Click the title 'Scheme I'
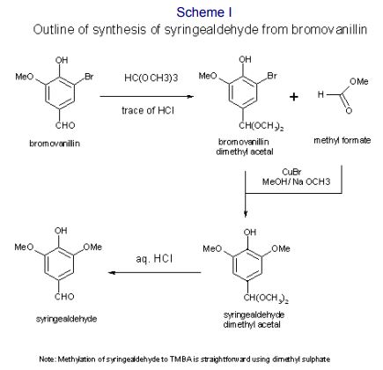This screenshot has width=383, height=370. tap(204, 12)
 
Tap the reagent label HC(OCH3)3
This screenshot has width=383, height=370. tap(151, 78)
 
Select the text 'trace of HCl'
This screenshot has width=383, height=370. tap(148, 110)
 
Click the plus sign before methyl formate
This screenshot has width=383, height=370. tap(294, 97)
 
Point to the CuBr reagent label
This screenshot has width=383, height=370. tap(291, 172)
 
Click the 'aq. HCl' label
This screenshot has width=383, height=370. tap(154, 259)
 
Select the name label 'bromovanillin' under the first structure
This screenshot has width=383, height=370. tap(55, 144)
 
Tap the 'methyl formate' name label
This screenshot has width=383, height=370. tap(342, 140)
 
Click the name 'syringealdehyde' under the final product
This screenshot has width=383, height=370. tap(66, 319)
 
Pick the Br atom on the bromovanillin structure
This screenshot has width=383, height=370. tap(89, 77)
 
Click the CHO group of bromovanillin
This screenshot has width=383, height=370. tap(65, 125)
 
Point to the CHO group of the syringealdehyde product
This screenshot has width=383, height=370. tap(64, 296)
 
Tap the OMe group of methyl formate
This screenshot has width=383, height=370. tap(358, 81)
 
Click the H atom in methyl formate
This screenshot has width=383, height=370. tap(320, 94)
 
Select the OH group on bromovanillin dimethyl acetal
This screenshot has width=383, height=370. tap(245, 59)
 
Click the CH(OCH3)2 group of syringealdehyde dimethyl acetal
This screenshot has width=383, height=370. tap(266, 299)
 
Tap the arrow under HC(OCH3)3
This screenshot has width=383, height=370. tap(147, 96)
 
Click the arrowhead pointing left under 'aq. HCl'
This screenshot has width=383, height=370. tap(111, 273)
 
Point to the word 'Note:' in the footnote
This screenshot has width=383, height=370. tap(47, 359)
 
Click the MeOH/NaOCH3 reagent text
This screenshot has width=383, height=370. tap(296, 181)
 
